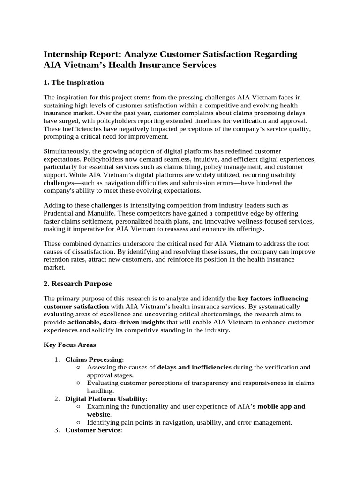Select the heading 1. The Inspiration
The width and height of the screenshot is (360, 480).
(74, 82)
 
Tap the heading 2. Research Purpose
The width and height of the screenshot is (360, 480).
(77, 284)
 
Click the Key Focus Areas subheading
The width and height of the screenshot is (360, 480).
(69, 345)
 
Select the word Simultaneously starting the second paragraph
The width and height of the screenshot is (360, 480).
(68, 151)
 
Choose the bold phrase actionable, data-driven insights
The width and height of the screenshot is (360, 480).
(116, 322)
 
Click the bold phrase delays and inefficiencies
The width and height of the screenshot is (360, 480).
(194, 367)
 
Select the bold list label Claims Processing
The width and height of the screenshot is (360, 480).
(93, 360)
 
